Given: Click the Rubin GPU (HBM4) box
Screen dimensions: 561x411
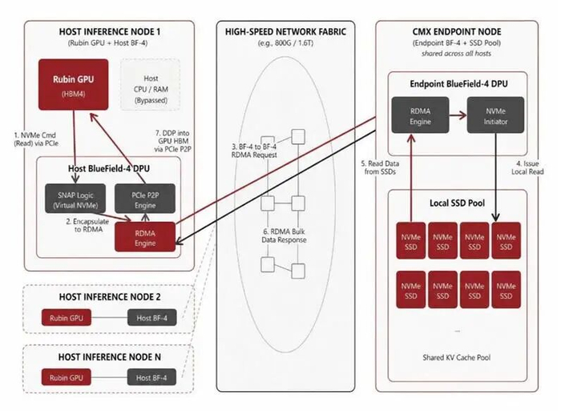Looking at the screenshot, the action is click(74, 85).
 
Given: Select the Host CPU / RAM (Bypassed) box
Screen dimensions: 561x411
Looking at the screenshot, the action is click(151, 85).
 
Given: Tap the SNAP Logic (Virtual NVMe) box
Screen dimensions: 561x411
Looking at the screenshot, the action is click(75, 199).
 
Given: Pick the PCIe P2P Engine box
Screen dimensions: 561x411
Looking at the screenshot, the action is click(145, 199).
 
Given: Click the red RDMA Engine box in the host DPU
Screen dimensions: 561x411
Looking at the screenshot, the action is click(145, 237).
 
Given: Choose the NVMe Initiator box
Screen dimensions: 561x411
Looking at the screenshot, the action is click(495, 115).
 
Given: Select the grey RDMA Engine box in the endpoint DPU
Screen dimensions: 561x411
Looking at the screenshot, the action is click(420, 115).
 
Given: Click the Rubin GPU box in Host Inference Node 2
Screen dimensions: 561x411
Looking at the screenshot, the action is click(67, 317).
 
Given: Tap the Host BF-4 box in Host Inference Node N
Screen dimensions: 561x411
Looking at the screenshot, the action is click(151, 377).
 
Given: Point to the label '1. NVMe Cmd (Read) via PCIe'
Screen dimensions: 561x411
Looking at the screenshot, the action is click(36, 139).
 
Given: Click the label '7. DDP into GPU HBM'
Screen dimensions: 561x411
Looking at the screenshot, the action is click(172, 137).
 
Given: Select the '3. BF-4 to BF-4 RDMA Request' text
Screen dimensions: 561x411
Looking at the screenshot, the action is click(254, 151).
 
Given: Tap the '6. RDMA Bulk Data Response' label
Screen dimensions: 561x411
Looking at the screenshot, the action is click(284, 236).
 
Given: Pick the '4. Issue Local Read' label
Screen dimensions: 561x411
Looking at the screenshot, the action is click(527, 167).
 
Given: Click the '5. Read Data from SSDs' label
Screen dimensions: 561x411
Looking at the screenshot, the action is click(380, 167).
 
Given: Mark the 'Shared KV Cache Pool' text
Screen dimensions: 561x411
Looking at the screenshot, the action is click(457, 357).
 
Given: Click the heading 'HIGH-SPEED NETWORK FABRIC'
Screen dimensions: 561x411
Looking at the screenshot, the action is click(285, 32).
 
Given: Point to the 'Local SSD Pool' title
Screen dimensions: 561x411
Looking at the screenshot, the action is click(458, 203).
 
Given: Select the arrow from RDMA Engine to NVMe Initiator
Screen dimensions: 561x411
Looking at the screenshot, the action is click(458, 115).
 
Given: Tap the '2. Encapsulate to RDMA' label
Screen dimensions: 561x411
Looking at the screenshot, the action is click(87, 225).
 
